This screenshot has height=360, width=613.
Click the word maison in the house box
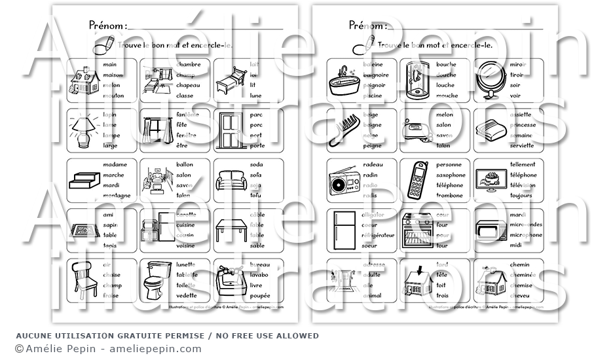113,75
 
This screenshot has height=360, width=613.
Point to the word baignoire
375,75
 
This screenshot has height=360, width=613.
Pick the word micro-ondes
526,225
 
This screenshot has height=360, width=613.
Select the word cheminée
523,275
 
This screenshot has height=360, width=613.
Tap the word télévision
523,185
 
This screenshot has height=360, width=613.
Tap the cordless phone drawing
417,179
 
